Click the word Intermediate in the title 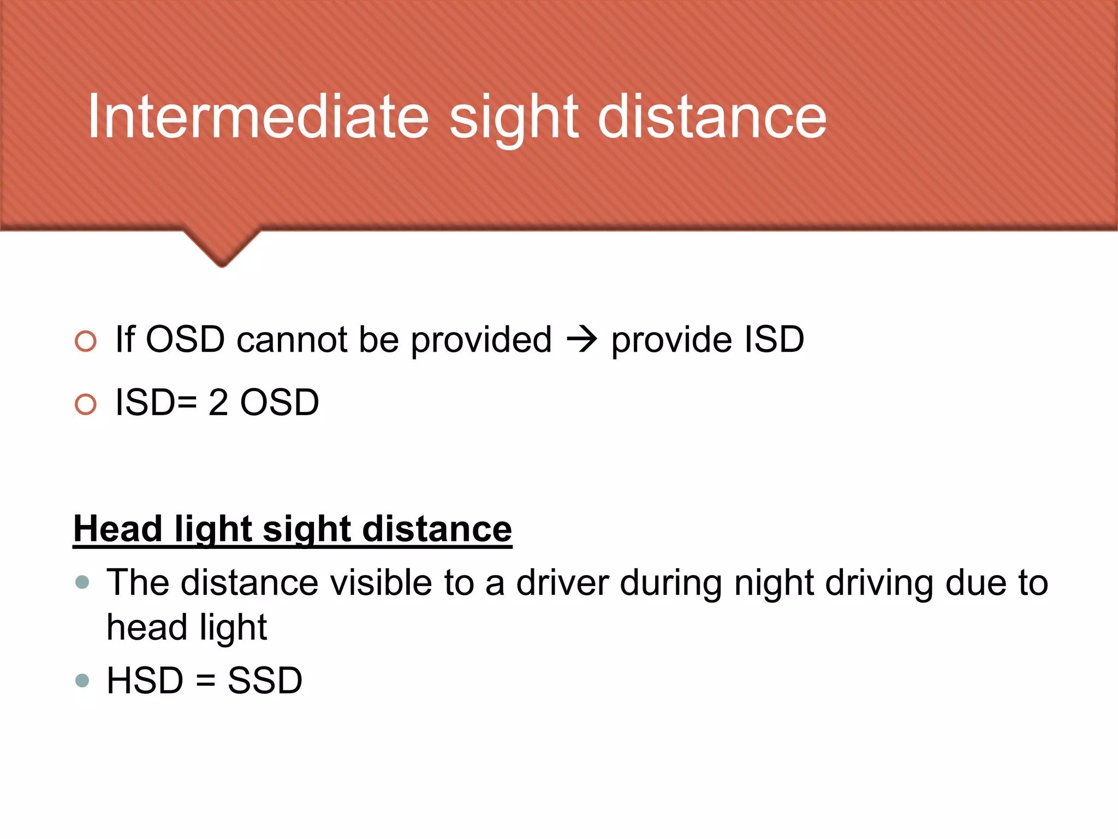point(258,116)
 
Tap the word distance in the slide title point(712,116)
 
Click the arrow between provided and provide point(582,340)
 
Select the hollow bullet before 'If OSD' point(86,341)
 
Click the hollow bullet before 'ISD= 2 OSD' point(86,404)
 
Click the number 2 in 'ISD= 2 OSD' point(218,403)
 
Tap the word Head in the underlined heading point(118,529)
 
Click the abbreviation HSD point(145,681)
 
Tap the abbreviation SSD point(265,681)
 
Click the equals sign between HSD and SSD point(205,681)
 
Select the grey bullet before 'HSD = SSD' point(82,681)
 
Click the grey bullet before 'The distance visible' point(82,582)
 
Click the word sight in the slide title point(513,116)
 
